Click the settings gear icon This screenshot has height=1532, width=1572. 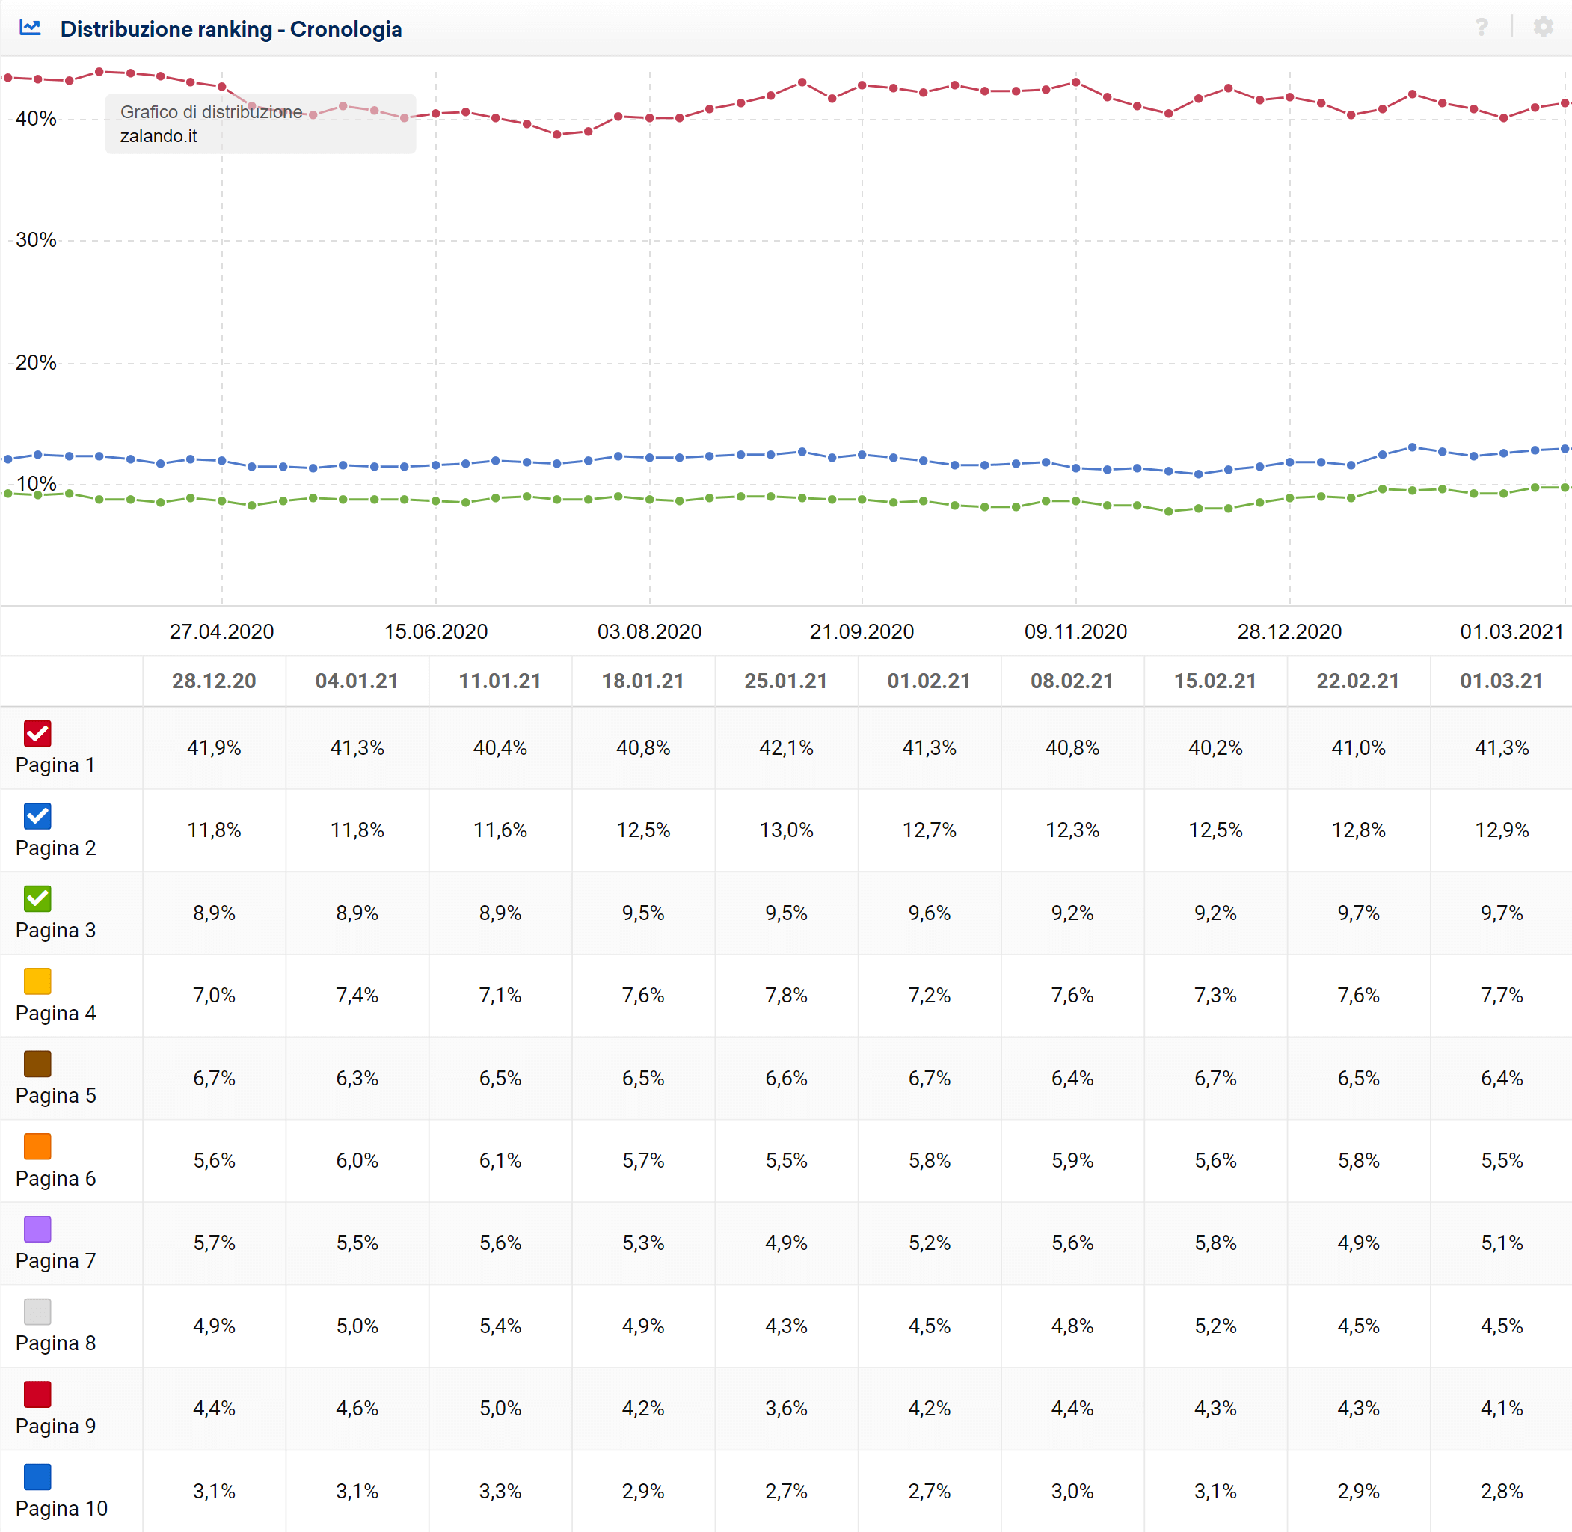click(1542, 28)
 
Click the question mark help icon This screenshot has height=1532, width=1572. click(1481, 28)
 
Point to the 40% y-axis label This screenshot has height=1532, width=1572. click(36, 119)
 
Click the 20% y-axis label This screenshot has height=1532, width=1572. click(36, 363)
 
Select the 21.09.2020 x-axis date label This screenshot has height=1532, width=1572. click(862, 631)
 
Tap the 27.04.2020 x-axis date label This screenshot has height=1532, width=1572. click(221, 631)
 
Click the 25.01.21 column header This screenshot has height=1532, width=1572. click(785, 681)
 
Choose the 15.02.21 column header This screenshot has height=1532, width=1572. click(1215, 681)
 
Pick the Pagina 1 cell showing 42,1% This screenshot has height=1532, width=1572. click(786, 747)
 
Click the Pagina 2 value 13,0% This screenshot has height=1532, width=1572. click(786, 830)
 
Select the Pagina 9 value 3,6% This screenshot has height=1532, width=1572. click(786, 1408)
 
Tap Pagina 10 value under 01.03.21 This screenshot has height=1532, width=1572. click(1501, 1491)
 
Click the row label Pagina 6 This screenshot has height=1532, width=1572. click(55, 1179)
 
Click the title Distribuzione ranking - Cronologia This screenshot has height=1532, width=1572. click(231, 29)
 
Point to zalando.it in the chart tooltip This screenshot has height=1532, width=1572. click(159, 136)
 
